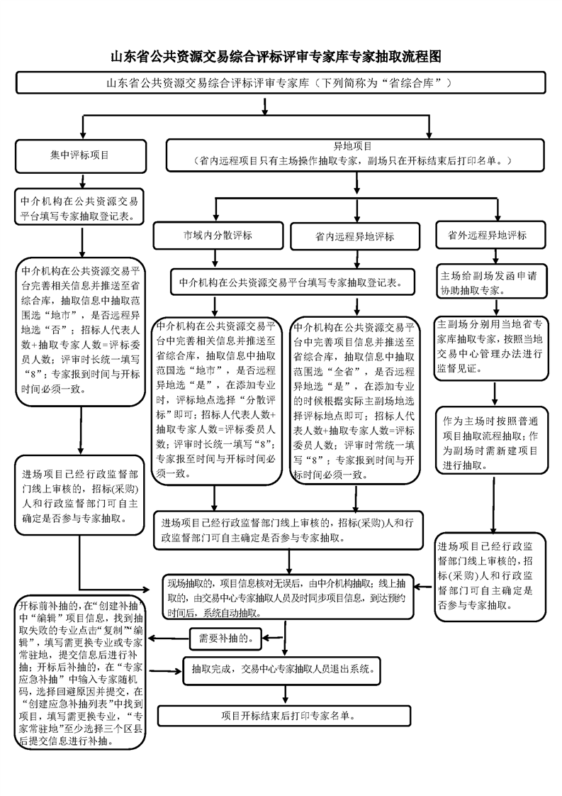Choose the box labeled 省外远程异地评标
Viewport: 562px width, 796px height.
tap(492, 235)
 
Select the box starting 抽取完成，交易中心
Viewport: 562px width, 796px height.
tap(283, 668)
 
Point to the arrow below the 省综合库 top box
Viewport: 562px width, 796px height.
tap(264, 106)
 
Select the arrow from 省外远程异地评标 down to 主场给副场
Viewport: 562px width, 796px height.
tap(492, 255)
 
